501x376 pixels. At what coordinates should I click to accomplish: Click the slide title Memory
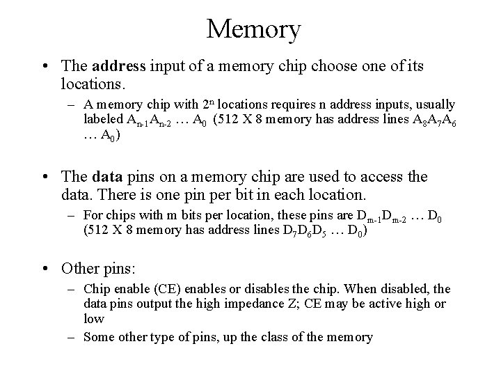coord(253,29)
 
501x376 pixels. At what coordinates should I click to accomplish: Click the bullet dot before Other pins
coord(45,268)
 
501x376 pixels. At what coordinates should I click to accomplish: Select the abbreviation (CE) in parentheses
coord(157,289)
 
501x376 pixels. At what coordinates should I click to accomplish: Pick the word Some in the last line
coord(99,337)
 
